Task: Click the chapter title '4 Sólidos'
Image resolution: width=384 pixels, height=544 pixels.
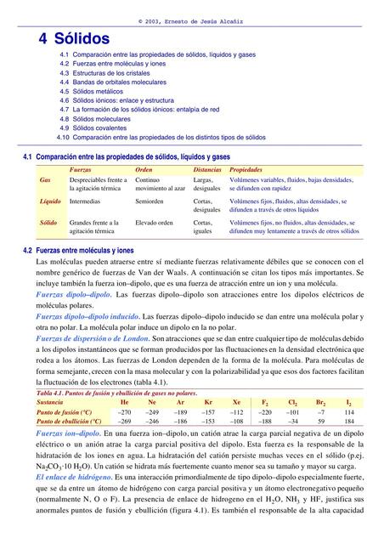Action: point(75,38)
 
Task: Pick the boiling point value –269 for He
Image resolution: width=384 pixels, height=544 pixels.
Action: point(124,421)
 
